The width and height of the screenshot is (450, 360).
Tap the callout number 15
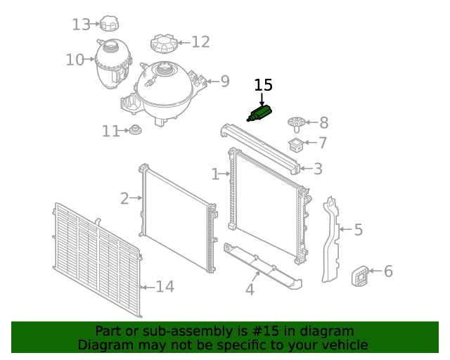[x=263, y=85]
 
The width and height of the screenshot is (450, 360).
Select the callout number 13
[x=82, y=25]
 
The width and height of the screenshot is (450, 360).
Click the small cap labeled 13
[x=109, y=24]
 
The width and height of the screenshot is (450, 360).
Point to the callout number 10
[x=75, y=60]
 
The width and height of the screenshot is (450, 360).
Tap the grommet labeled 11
[x=134, y=131]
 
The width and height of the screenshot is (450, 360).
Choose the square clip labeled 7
[x=297, y=145]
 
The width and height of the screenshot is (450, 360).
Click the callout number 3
[x=318, y=169]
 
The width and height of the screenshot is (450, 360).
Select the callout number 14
[x=165, y=286]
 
